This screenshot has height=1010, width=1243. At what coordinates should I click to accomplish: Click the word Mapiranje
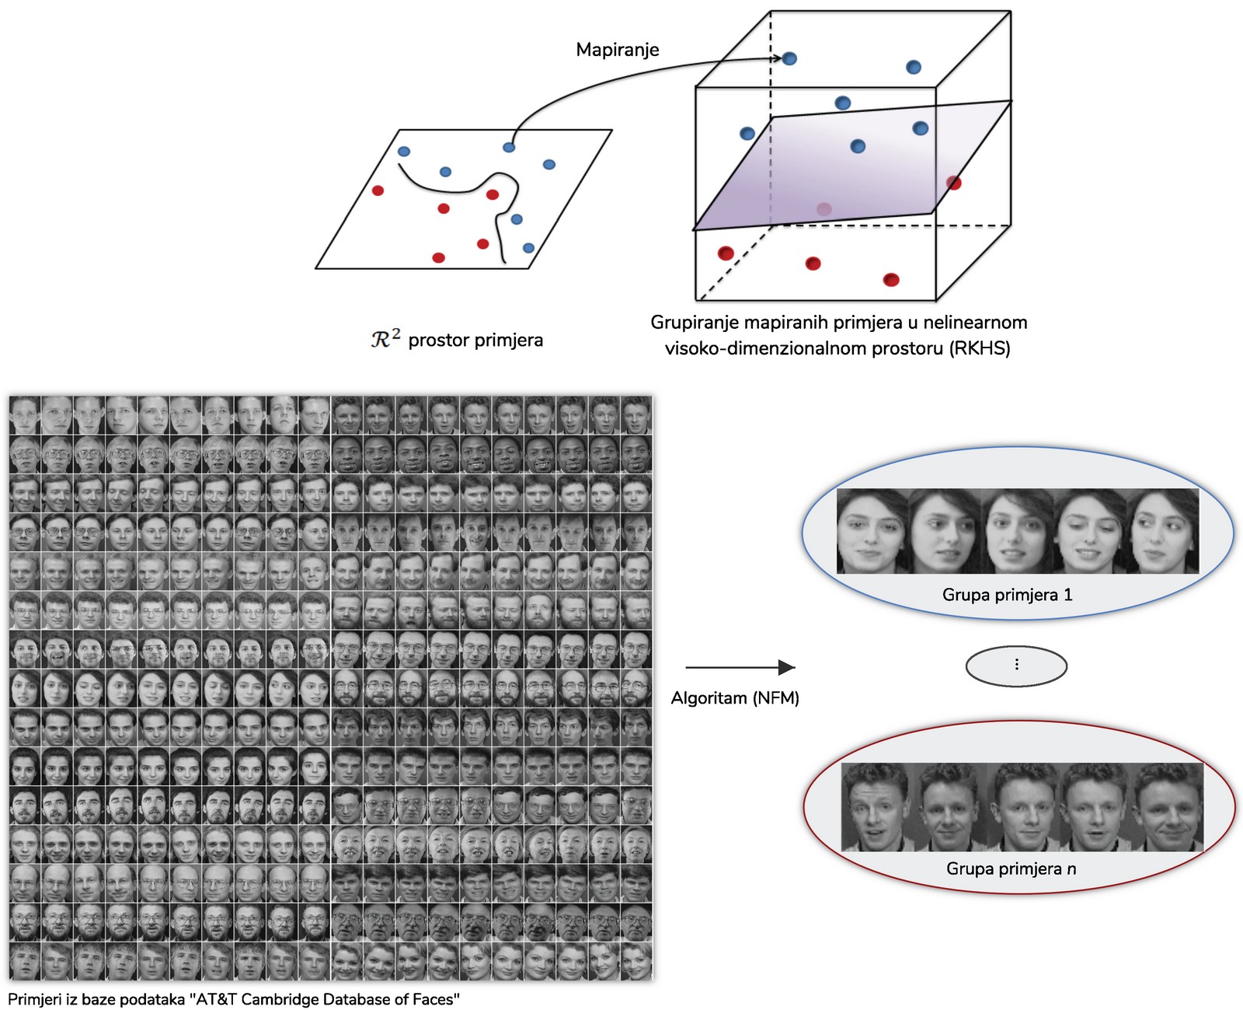(617, 50)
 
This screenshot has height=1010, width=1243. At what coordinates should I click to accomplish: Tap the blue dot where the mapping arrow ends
(789, 58)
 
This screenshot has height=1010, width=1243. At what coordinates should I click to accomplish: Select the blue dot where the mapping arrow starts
(509, 147)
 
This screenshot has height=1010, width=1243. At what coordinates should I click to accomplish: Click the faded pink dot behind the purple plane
(824, 209)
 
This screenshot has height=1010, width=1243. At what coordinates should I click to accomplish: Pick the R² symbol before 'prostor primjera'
(385, 339)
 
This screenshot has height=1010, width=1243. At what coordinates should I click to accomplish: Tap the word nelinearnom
(975, 323)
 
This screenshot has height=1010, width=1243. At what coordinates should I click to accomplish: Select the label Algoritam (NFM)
(735, 698)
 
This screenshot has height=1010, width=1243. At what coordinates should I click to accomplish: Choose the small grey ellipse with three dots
(1016, 666)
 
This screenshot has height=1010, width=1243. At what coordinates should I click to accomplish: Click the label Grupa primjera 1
(1007, 595)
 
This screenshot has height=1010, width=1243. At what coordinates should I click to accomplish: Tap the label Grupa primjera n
(1011, 868)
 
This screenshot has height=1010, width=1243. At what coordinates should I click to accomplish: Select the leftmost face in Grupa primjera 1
(872, 533)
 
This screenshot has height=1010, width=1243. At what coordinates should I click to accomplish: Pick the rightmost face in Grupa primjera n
(1167, 807)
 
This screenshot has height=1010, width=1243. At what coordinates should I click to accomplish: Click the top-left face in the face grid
(24, 415)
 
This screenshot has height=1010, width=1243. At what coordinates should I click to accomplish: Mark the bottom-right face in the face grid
(635, 961)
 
